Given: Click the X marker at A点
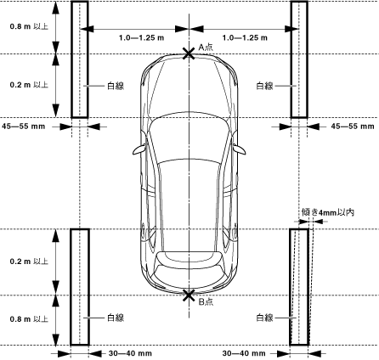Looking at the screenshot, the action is pyautogui.click(x=189, y=53).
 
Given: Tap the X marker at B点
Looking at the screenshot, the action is pyautogui.click(x=189, y=295).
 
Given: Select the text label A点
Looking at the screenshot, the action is pyautogui.click(x=206, y=47).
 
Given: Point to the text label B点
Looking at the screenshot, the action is pyautogui.click(x=206, y=301).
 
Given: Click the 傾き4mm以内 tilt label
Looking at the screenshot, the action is pyautogui.click(x=328, y=212).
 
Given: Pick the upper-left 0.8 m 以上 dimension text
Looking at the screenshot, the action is pyautogui.click(x=29, y=26).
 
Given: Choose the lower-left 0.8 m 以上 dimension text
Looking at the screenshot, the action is pyautogui.click(x=29, y=319).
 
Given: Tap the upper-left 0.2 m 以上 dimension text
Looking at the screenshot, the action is pyautogui.click(x=29, y=85).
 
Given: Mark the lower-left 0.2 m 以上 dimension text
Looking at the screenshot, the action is pyautogui.click(x=29, y=262).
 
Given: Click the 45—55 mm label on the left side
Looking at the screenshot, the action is pyautogui.click(x=24, y=127).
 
